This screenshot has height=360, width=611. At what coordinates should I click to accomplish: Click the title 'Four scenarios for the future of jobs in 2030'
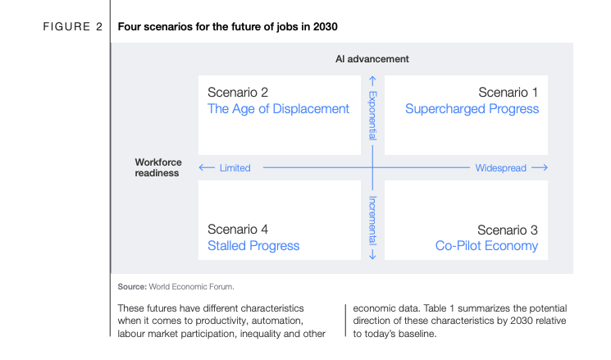(227, 27)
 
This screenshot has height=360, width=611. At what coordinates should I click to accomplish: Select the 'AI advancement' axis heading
(372, 59)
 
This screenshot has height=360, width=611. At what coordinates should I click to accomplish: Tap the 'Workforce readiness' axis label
(158, 167)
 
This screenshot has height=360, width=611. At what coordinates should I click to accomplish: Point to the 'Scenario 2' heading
(238, 93)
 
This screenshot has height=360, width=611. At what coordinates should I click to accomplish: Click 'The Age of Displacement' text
(278, 109)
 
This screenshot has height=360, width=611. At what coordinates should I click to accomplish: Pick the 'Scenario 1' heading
(508, 93)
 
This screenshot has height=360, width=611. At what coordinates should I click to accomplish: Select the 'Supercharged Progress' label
(472, 109)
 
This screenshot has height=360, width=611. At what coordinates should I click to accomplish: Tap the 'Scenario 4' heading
(238, 230)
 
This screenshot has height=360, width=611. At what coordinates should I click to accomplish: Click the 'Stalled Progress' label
(253, 246)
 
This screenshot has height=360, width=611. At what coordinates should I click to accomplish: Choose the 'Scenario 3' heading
(508, 230)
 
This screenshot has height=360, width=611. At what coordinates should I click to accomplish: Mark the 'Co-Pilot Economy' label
(486, 246)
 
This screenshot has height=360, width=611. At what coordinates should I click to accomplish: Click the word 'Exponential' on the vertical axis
(373, 115)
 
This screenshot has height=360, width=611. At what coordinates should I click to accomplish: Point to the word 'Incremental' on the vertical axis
(373, 220)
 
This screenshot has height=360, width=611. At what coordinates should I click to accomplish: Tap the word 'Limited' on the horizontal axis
(235, 168)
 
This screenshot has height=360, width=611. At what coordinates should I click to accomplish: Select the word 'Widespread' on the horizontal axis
(500, 168)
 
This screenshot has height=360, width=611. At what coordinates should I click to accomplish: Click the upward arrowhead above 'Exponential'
(372, 80)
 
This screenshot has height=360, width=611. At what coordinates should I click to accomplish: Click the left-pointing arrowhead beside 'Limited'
(205, 168)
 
